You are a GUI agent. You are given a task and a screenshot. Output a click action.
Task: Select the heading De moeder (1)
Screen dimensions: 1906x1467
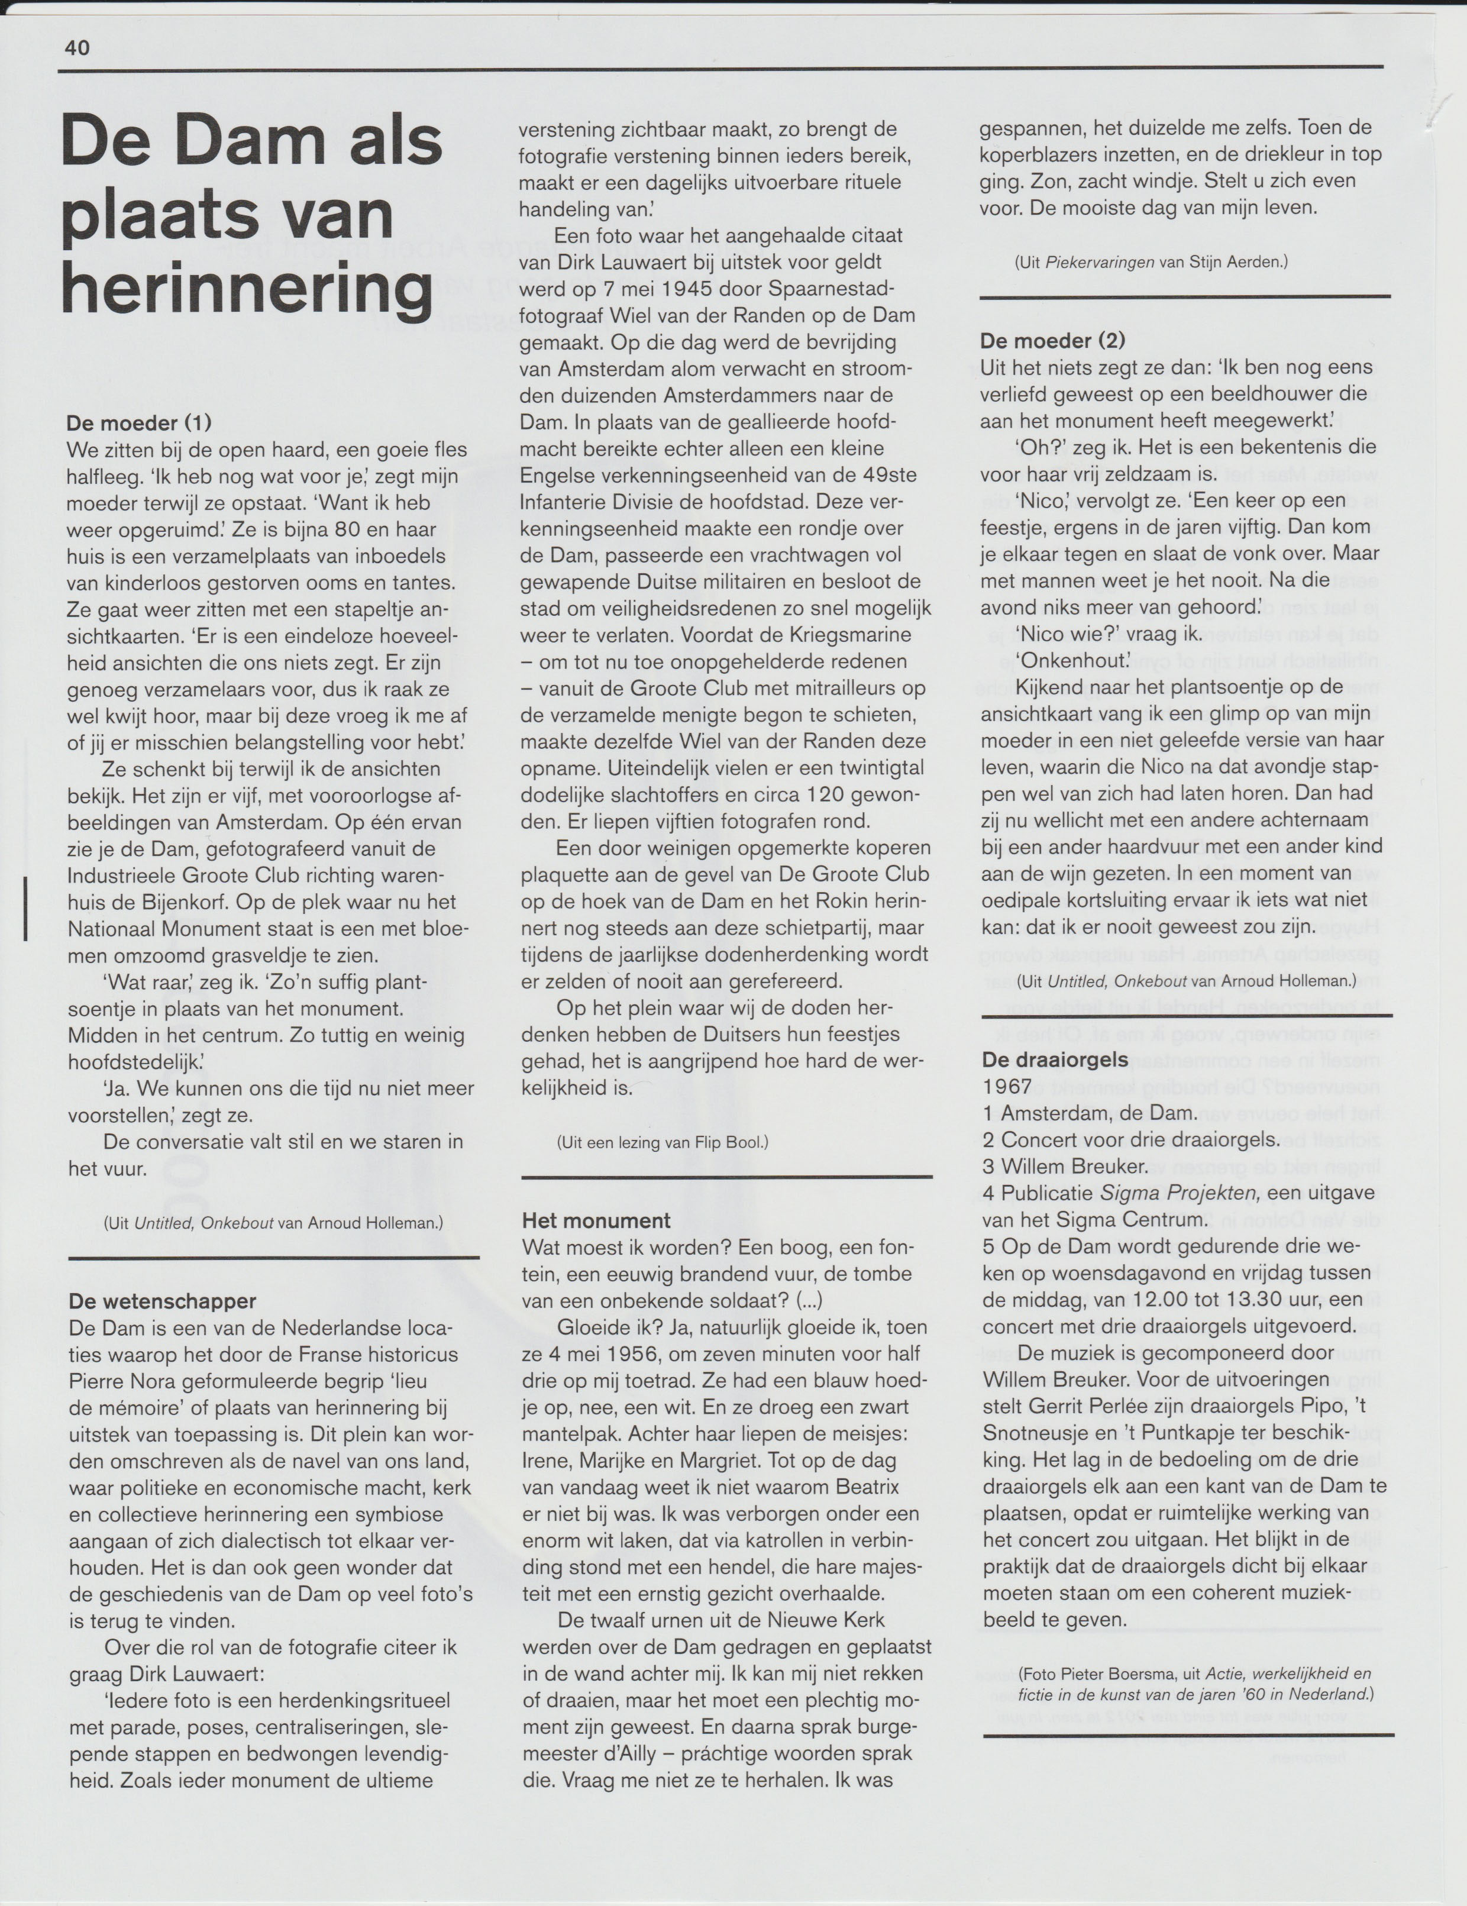(140, 424)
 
